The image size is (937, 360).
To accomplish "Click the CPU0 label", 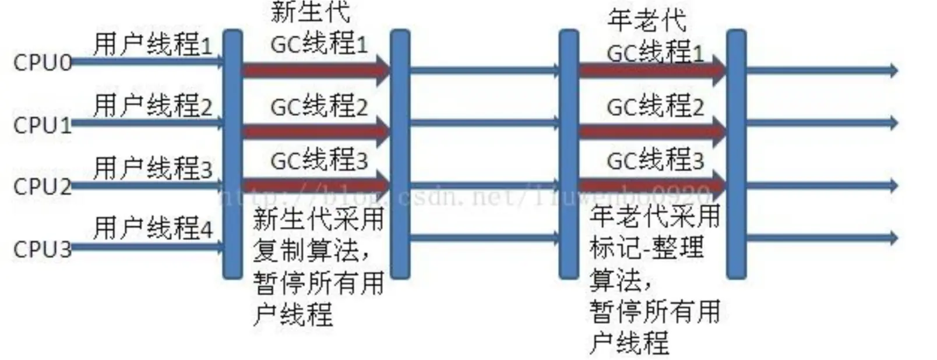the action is point(42,62).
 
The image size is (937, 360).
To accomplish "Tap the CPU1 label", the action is point(42,125).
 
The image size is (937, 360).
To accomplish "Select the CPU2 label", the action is point(42,186).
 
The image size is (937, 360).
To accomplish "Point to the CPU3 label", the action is point(42,249).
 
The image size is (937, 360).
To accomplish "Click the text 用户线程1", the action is point(153,44).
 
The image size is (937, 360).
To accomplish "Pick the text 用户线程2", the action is point(153,106).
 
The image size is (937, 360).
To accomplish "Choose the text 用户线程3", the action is point(153,168).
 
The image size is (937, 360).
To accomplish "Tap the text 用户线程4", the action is point(153,228).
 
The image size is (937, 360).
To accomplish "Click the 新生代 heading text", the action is point(311,12).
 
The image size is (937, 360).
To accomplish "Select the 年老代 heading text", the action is point(647,20).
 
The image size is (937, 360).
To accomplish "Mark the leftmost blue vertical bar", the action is point(233,154).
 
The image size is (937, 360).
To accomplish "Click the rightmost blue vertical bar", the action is point(736,154).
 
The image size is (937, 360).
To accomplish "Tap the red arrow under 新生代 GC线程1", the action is point(315,70).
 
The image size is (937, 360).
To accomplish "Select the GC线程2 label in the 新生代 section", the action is point(319,107).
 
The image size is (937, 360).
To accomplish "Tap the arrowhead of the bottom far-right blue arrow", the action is point(892,238).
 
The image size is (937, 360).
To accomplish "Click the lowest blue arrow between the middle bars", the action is point(484,238).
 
